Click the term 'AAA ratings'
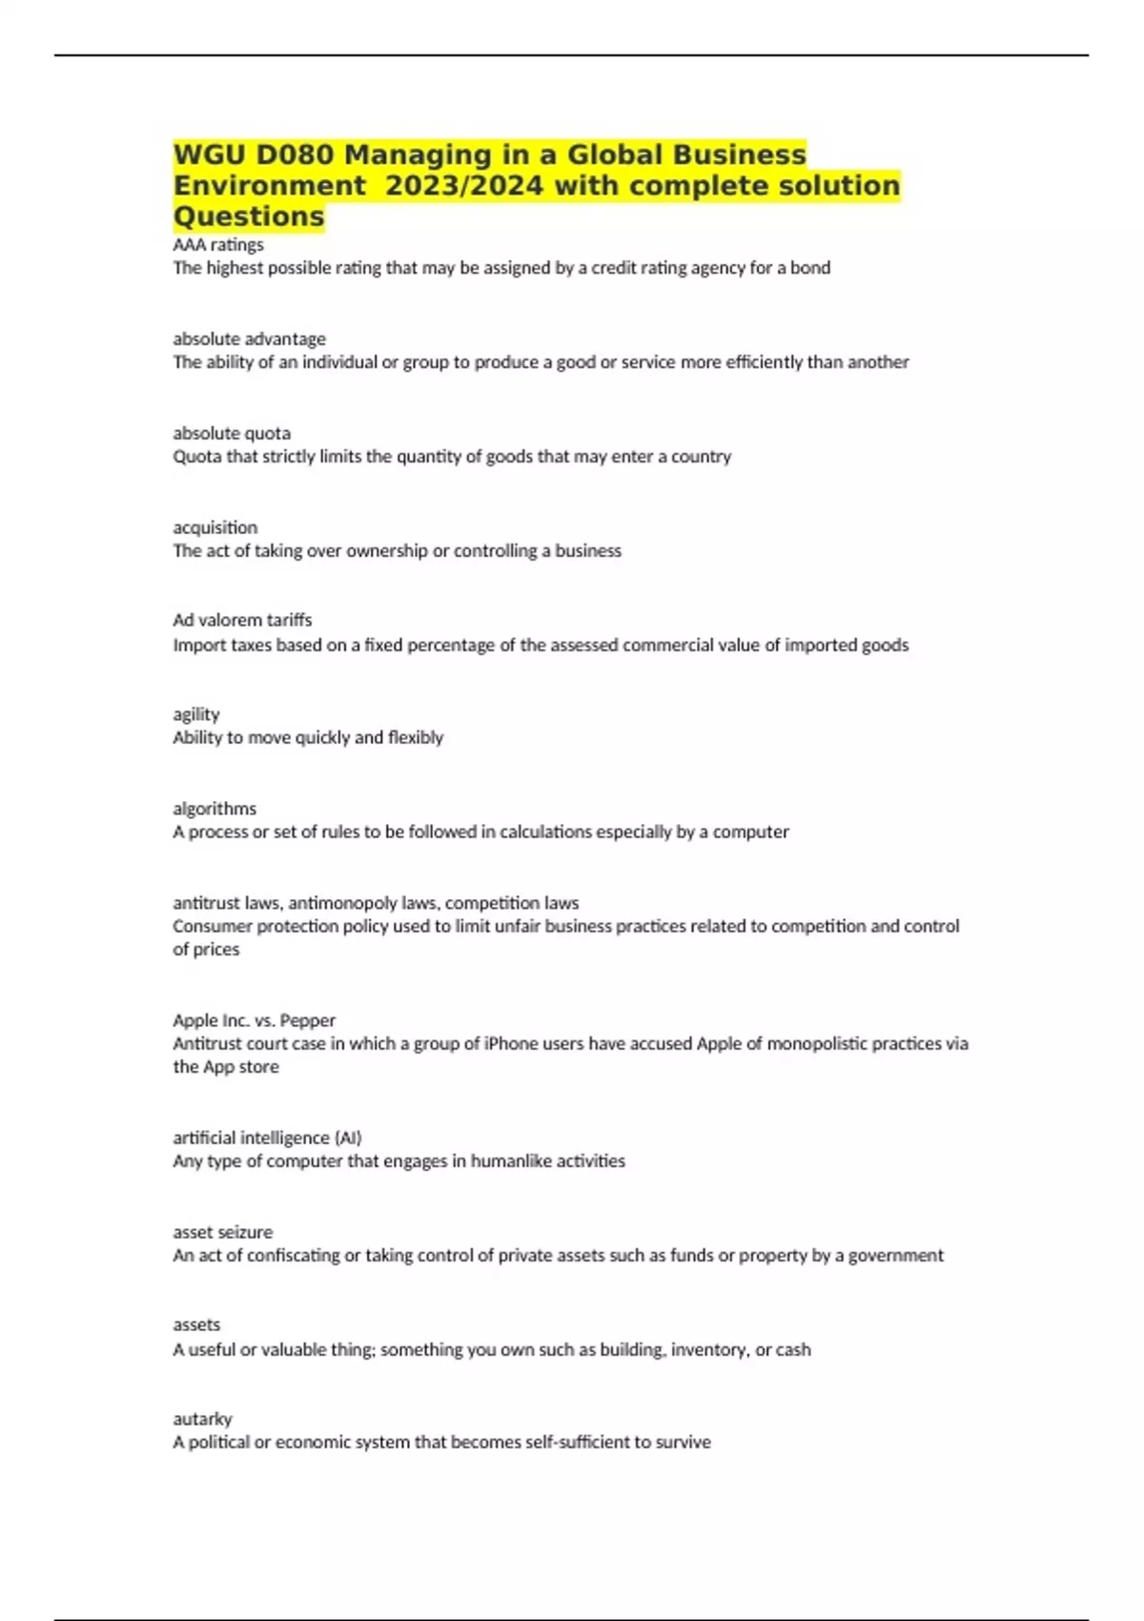tap(218, 245)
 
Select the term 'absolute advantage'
tap(249, 339)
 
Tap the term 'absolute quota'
tap(232, 433)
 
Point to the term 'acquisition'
tap(214, 527)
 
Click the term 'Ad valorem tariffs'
tap(242, 620)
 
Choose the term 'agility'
tap(196, 714)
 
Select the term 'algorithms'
tap(214, 809)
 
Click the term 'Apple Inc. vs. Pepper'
tap(254, 1020)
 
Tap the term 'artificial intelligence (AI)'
tap(267, 1138)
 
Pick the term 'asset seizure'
tap(222, 1232)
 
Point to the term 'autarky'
tap(202, 1419)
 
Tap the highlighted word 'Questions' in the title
tap(249, 216)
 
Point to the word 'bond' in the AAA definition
tap(810, 268)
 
